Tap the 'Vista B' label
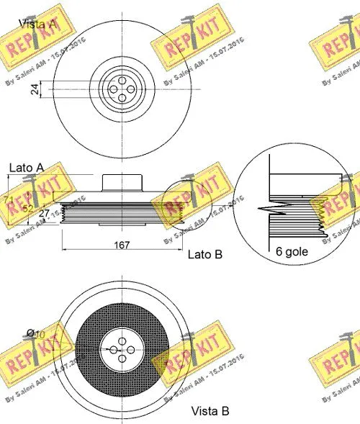coord(210,411)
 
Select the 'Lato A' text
coord(26,167)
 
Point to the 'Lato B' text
coord(205,254)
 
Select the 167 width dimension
coord(122,245)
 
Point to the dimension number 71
coord(8,199)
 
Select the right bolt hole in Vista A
coord(129,89)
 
